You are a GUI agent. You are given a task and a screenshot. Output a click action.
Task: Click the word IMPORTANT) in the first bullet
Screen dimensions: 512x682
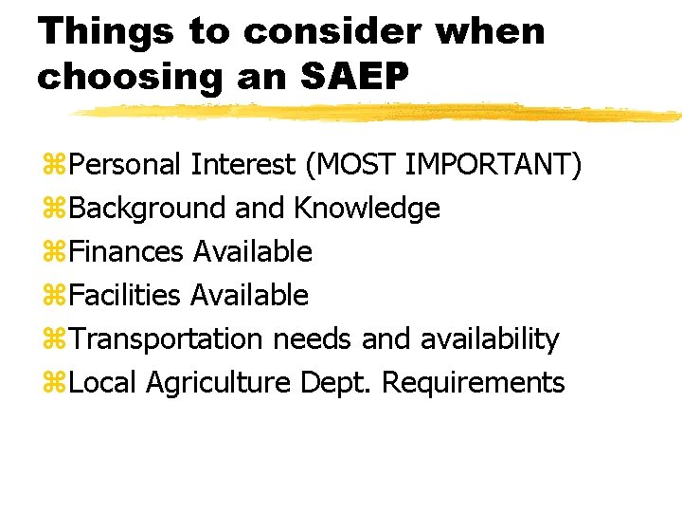point(494,165)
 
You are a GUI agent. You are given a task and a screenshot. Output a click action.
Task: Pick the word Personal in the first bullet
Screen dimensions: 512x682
point(126,165)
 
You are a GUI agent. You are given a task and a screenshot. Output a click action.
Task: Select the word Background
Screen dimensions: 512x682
point(147,209)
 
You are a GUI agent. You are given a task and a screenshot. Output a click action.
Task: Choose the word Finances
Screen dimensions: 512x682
point(127,252)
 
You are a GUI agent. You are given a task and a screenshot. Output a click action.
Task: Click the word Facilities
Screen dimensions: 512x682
point(125,296)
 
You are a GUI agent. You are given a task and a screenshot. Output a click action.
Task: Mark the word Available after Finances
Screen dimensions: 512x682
point(252,252)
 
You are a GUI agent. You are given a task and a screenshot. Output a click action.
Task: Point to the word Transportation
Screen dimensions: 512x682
point(167,339)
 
